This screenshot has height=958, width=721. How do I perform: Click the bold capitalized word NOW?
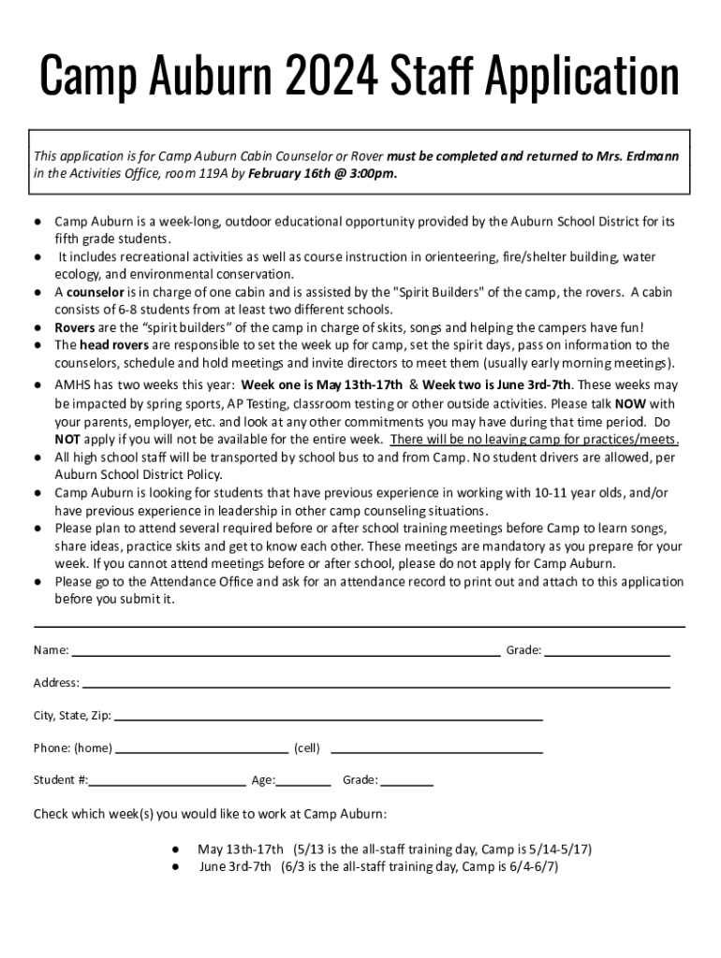[630, 404]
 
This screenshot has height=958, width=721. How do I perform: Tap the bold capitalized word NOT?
[66, 440]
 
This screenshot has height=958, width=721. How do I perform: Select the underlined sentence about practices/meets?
[534, 440]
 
